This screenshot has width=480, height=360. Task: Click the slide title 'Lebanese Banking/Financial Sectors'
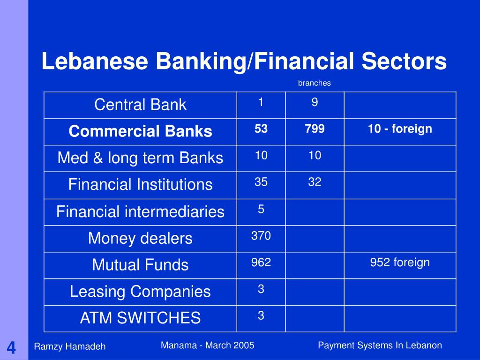pyautogui.click(x=244, y=62)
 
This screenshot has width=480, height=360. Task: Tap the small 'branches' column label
pyautogui.click(x=314, y=83)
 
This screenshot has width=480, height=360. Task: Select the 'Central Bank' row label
pyautogui.click(x=140, y=105)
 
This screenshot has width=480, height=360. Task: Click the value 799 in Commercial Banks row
pyautogui.click(x=315, y=129)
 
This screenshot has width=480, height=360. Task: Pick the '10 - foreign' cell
pyautogui.click(x=400, y=129)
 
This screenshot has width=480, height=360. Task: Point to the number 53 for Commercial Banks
pyautogui.click(x=261, y=129)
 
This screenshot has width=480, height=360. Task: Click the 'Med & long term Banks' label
pyautogui.click(x=140, y=158)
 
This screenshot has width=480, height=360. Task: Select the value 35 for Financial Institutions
pyautogui.click(x=261, y=182)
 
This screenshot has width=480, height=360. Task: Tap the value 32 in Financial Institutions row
pyautogui.click(x=315, y=182)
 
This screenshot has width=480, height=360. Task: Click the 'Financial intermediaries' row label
pyautogui.click(x=140, y=211)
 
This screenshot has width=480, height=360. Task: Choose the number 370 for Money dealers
pyautogui.click(x=261, y=236)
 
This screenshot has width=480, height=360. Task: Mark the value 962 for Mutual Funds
pyautogui.click(x=261, y=262)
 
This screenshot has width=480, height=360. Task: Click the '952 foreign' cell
pyautogui.click(x=400, y=262)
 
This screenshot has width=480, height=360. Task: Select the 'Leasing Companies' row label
pyautogui.click(x=140, y=292)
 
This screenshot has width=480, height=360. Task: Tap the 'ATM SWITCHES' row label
pyautogui.click(x=140, y=318)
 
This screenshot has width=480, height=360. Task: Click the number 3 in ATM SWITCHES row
pyautogui.click(x=261, y=316)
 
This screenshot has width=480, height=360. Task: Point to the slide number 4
pyautogui.click(x=11, y=348)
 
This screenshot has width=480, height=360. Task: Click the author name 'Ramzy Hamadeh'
pyautogui.click(x=70, y=346)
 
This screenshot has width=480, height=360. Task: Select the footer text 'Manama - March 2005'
pyautogui.click(x=207, y=345)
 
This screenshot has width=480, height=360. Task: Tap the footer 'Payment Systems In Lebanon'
pyautogui.click(x=380, y=345)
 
